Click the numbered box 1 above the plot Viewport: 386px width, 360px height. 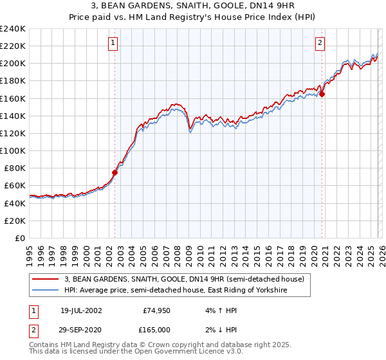point(113,43)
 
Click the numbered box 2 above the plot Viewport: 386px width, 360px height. point(320,43)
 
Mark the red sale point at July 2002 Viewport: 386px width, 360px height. point(115,172)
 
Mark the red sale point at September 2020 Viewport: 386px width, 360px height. point(322,94)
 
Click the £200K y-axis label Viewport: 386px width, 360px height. point(13,64)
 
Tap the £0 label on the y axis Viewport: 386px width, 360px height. point(19,238)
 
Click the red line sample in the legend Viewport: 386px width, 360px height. point(46,278)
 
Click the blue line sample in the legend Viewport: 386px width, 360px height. point(46,291)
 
